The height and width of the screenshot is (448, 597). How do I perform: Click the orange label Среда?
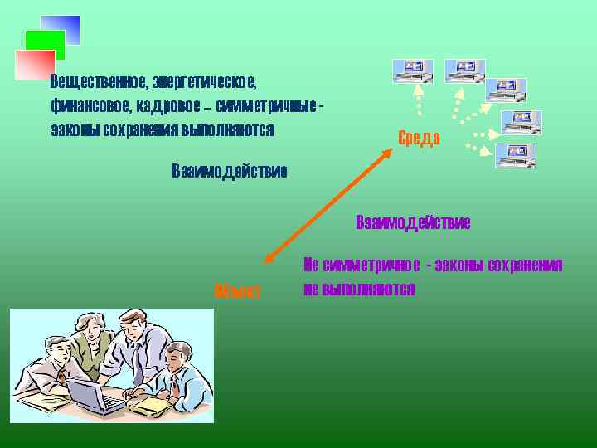coord(419,138)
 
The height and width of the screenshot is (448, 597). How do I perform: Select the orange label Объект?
coord(237,292)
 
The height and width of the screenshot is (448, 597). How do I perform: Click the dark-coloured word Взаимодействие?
coord(229,172)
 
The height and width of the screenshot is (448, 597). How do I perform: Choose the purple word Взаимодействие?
coord(413,222)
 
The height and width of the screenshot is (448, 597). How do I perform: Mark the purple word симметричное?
coord(370,265)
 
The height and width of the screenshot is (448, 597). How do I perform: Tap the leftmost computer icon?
coord(412,72)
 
